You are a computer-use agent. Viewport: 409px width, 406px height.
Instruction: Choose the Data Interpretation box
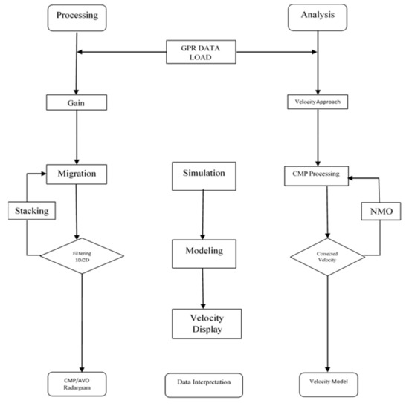(x=204, y=384)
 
